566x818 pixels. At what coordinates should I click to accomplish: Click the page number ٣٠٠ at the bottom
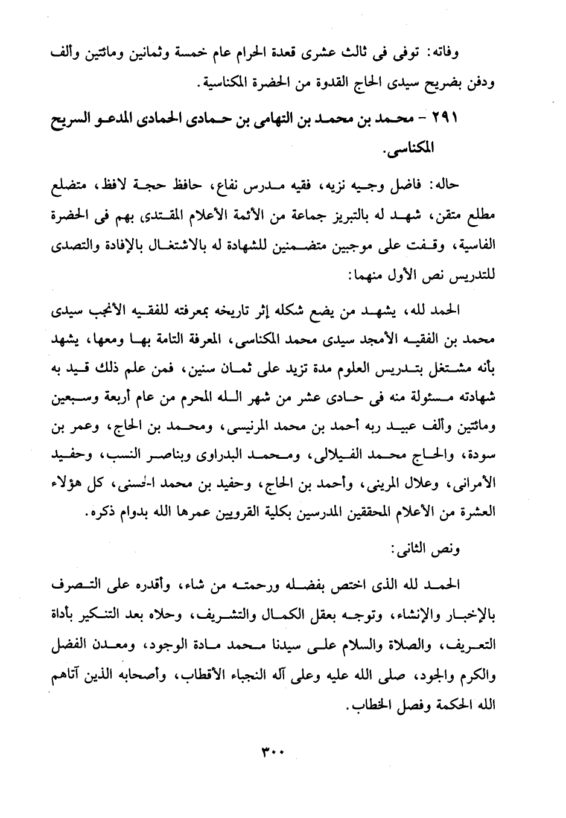273,753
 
